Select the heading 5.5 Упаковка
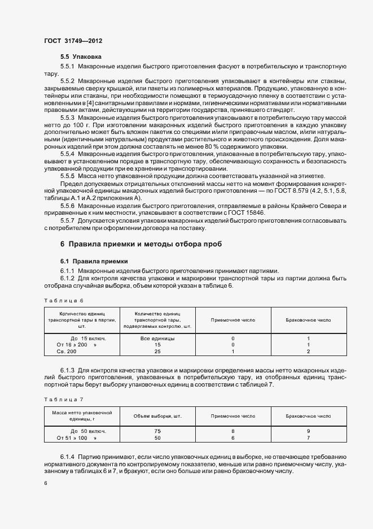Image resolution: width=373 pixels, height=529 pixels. tap(81, 57)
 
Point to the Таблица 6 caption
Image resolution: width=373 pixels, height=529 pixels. tap(63, 301)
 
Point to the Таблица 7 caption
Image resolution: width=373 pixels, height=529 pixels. tap(63, 400)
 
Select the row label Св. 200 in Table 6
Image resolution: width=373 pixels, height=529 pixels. tap(67, 352)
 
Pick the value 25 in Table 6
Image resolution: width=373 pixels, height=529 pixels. tap(157, 352)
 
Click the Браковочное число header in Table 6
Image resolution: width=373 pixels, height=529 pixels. tap(308, 320)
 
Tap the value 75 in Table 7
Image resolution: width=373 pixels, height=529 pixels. tap(157, 431)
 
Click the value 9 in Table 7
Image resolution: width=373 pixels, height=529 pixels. tap(308, 431)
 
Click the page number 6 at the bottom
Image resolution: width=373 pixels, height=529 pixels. tap(46, 483)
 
